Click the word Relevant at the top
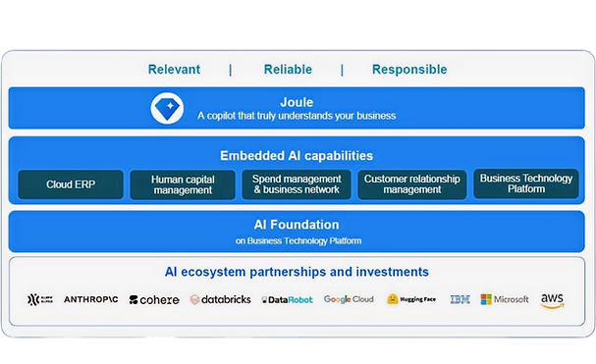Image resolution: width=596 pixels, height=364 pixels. (x=174, y=70)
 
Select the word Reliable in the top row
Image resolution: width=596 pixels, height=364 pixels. (x=288, y=70)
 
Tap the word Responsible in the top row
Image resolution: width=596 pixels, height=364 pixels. (x=408, y=70)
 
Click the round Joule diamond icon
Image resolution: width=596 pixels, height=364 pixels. (x=167, y=108)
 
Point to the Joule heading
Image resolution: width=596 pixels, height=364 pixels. (x=296, y=101)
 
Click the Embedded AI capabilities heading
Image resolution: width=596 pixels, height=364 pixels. (x=297, y=155)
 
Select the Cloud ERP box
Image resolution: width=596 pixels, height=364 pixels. (x=71, y=184)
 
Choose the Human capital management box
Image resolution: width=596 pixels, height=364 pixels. (x=184, y=184)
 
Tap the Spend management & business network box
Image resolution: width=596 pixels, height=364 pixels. (x=297, y=184)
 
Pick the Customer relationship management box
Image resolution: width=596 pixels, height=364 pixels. (x=411, y=184)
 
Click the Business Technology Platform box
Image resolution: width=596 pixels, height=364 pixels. (x=527, y=183)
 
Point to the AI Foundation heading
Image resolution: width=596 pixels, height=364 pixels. (x=297, y=224)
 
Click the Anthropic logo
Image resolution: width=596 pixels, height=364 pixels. (x=91, y=299)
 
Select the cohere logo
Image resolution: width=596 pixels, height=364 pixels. (x=154, y=299)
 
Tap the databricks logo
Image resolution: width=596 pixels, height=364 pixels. (x=220, y=299)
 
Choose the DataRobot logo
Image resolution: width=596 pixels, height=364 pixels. (x=288, y=299)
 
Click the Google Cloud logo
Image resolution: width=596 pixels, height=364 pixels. (x=349, y=299)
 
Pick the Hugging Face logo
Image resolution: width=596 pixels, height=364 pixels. (x=411, y=299)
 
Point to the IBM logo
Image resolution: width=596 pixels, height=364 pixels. (x=460, y=299)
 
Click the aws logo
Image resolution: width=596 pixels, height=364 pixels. (x=552, y=300)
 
